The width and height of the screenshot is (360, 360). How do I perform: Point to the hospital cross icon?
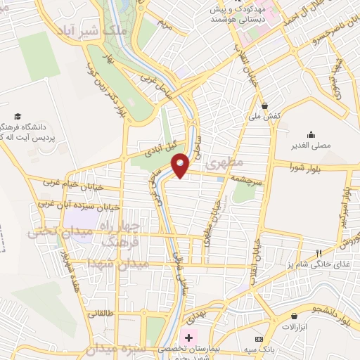(x=188, y=338)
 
